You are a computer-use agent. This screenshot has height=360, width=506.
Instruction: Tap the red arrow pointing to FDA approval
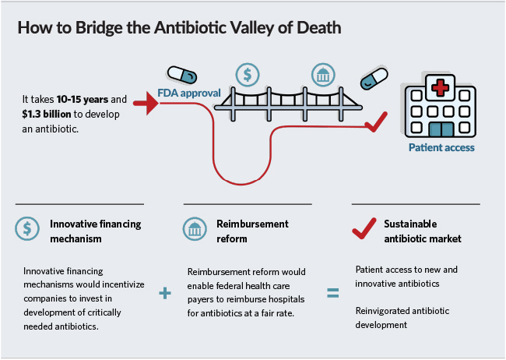tap(145, 102)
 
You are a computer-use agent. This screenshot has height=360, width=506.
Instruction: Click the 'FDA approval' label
tap(189, 93)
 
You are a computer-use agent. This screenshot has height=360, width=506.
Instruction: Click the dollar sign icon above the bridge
tap(248, 75)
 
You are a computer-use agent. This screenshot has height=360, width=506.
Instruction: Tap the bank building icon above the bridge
tap(322, 76)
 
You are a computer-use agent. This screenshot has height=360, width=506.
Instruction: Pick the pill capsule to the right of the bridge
tap(373, 79)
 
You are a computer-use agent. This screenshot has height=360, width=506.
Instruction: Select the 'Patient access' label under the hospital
tap(441, 146)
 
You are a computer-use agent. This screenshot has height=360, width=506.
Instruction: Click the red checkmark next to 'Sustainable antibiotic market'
tap(364, 228)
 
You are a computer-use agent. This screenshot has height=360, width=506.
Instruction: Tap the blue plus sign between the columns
tap(164, 293)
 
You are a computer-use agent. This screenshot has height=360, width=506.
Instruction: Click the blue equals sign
tap(332, 294)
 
